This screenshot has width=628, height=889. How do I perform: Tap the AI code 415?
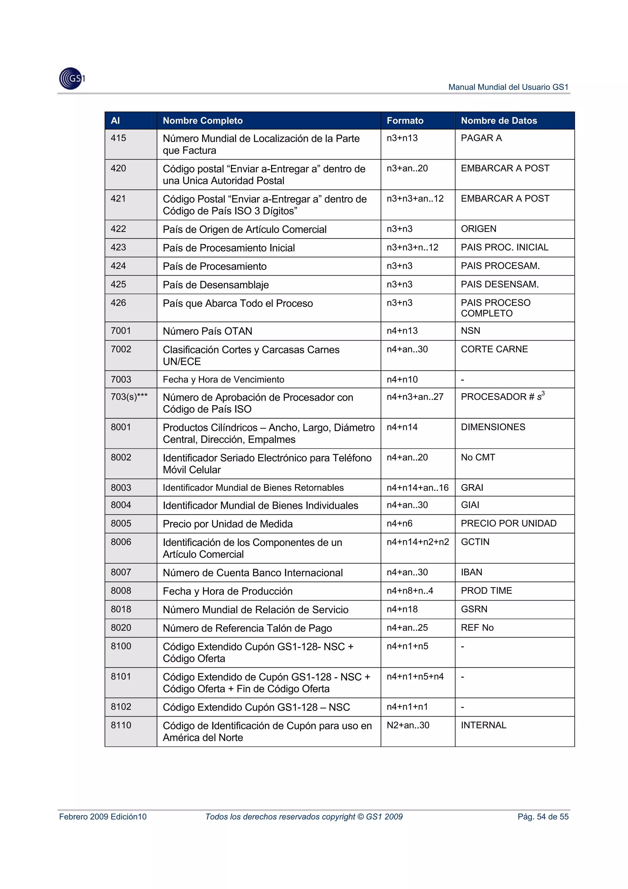[118, 138]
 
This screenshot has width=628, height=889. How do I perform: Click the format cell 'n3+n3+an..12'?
[415, 199]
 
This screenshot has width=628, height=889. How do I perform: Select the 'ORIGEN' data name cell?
[478, 229]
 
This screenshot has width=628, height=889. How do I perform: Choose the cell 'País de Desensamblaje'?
[216, 285]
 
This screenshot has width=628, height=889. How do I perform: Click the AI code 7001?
[121, 331]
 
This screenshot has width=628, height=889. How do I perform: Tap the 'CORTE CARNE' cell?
[494, 349]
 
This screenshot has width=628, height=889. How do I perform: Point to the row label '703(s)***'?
[129, 397]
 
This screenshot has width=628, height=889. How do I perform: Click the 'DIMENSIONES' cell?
[493, 427]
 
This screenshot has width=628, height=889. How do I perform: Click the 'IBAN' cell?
[471, 572]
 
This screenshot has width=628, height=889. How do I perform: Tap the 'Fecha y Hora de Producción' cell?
[228, 591]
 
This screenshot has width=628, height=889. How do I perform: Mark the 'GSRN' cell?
[474, 609]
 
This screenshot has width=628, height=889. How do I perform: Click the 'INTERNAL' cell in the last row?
[483, 725]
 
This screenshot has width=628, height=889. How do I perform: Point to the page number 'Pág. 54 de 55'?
[543, 817]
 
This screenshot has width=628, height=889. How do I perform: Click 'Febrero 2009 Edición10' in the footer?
[103, 817]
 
